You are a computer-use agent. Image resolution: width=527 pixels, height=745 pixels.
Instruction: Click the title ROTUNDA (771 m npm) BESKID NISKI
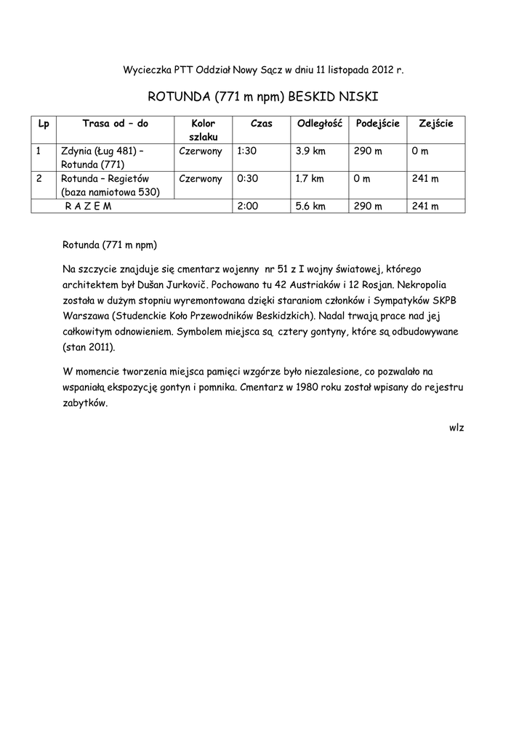pos(263,97)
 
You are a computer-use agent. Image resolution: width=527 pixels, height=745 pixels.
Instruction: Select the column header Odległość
pos(320,124)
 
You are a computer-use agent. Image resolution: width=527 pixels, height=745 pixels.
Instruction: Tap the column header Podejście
pos(377,124)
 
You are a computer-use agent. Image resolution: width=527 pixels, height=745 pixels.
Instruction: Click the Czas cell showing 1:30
pos(248,151)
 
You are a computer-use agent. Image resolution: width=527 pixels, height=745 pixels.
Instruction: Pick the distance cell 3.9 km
pos(310,151)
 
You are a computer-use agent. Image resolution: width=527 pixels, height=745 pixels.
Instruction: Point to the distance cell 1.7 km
pos(310,179)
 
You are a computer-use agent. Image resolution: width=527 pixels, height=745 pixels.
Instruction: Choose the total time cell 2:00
pos(248,207)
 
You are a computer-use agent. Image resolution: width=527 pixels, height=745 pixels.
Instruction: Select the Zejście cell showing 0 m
pos(419,151)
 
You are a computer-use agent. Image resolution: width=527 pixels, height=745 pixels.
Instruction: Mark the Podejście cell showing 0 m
pos(362,179)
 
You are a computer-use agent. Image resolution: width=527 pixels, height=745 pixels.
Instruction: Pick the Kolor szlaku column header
pos(204,130)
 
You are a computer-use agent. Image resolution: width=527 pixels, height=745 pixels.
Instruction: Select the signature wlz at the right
pos(456,427)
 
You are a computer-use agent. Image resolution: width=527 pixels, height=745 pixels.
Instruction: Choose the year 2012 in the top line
pos(379,71)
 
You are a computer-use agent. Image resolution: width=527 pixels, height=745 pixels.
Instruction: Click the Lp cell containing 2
pos(39,179)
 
